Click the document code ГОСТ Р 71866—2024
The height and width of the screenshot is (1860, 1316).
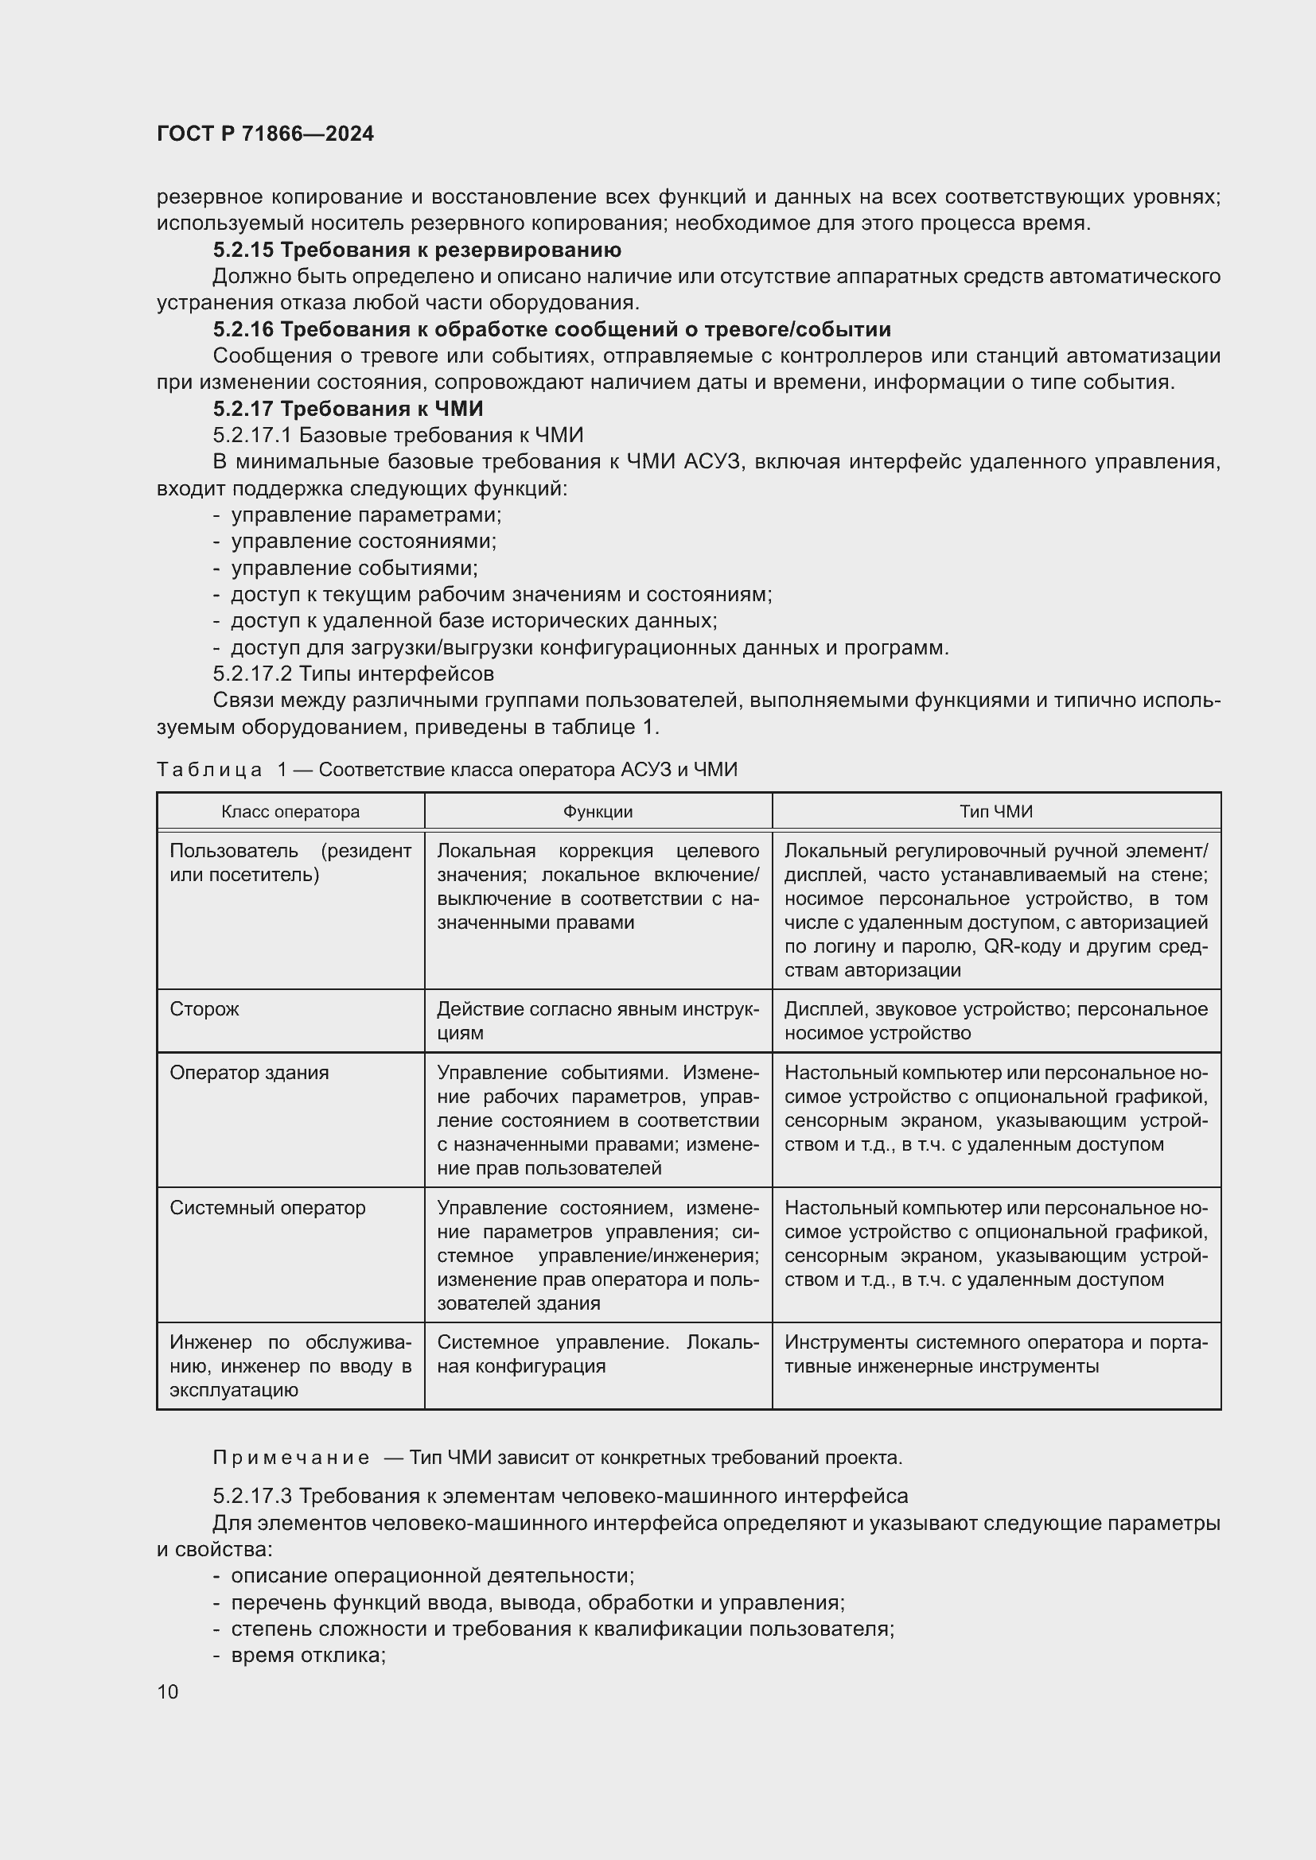tap(265, 134)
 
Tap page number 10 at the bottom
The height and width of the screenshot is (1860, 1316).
tap(168, 1691)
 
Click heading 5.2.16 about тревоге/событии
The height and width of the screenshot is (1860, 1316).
tap(551, 329)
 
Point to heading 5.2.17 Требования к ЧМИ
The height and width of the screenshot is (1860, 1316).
tap(348, 408)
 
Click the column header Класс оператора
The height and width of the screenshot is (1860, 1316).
tap(290, 812)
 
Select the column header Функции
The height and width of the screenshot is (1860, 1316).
tap(598, 812)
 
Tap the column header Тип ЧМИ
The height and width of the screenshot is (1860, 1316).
tap(996, 812)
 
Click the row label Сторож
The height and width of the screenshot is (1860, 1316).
tap(204, 1009)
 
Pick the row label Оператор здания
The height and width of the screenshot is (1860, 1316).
tap(249, 1073)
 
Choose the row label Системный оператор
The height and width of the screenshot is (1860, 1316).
tap(267, 1208)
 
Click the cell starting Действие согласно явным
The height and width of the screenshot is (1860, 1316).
tap(598, 1021)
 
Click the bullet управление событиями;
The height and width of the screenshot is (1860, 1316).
tap(354, 568)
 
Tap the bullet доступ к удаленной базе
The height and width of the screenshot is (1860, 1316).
tap(473, 621)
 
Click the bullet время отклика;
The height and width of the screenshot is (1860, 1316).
tap(308, 1655)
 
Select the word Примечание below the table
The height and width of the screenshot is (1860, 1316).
tap(291, 1458)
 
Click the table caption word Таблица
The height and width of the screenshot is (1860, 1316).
tap(209, 770)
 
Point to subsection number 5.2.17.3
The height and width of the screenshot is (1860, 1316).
tap(253, 1497)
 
